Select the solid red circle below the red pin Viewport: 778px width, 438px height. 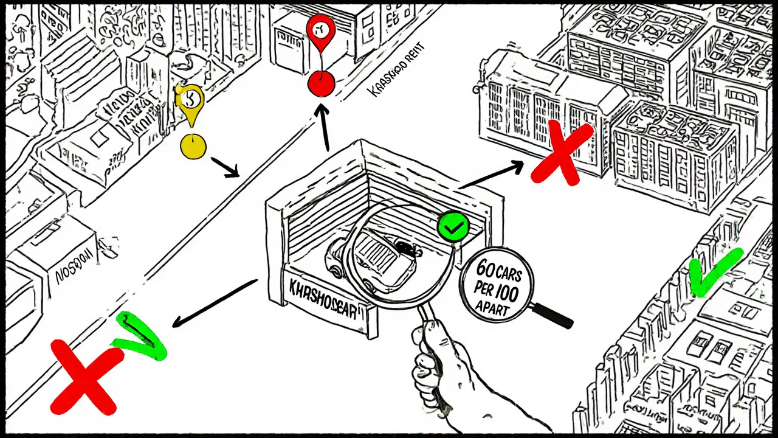[x=321, y=83]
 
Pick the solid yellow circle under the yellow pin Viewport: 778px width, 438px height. [x=194, y=147]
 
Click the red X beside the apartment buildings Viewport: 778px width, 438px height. [x=561, y=151]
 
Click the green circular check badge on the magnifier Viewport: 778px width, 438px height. [x=453, y=228]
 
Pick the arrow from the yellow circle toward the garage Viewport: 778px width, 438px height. [x=225, y=168]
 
